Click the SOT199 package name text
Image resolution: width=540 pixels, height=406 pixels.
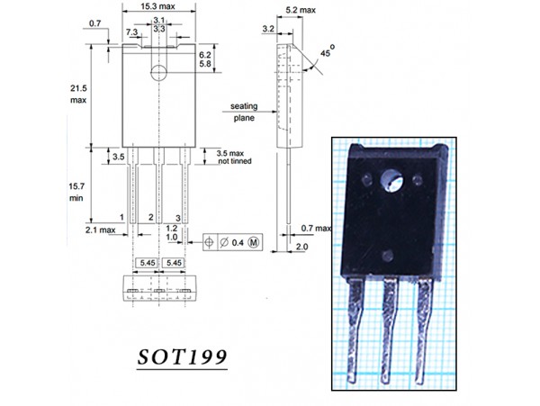[x=182, y=357]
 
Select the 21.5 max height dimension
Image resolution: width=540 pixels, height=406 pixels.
[x=79, y=93]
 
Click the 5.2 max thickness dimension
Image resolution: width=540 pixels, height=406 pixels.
[x=295, y=10]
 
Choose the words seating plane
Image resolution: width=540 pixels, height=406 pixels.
[x=244, y=111]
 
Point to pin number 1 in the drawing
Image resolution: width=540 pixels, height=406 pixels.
[x=121, y=218]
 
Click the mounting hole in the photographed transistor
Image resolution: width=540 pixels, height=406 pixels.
[x=393, y=183]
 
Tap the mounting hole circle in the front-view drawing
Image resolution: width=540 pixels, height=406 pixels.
[x=158, y=72]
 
